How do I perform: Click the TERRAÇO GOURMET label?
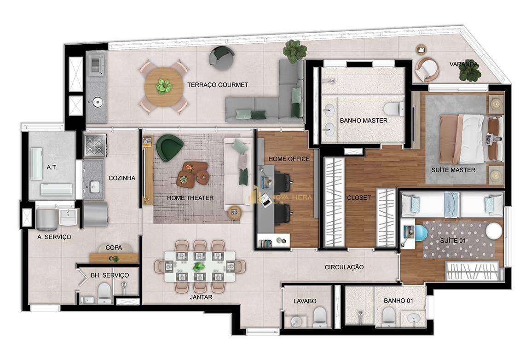tap(218, 85)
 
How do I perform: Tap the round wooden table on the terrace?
tap(164, 87)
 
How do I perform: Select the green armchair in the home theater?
tap(169, 147)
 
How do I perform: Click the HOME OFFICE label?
tap(289, 159)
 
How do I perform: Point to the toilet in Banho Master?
tap(393, 108)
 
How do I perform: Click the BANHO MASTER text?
tap(364, 121)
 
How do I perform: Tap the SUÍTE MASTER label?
tap(453, 170)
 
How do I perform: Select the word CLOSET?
tap(359, 197)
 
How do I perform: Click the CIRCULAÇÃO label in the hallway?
tap(344, 267)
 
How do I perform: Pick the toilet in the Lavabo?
tap(319, 318)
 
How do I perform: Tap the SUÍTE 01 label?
tap(453, 241)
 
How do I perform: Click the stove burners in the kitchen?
tap(96, 145)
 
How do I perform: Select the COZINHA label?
tap(122, 178)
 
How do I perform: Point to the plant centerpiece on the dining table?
tap(197, 267)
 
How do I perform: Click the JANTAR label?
tap(201, 297)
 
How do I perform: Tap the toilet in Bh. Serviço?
tap(104, 293)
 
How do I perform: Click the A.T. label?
tap(52, 167)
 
